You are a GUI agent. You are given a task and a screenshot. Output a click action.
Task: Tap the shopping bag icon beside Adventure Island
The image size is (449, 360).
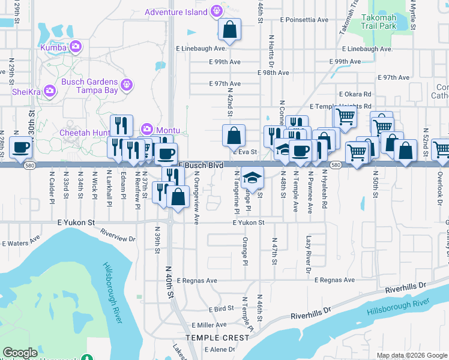point(230,28)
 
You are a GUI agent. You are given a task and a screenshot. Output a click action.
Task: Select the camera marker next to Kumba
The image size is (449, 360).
point(76,46)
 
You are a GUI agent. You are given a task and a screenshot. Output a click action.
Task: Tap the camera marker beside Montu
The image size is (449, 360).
point(146,129)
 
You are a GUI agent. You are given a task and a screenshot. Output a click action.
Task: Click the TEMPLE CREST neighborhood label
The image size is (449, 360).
point(217,338)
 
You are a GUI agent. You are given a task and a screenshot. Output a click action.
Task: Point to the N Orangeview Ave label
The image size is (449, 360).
point(197,198)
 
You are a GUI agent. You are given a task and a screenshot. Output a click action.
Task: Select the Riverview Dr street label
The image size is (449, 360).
point(118,235)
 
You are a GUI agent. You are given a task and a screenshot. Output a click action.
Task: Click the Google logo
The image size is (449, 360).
point(20,353)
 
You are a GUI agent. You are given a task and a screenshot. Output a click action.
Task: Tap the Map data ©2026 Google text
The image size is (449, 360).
point(412,355)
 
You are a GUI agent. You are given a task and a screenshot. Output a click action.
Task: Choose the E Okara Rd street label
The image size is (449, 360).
point(355,94)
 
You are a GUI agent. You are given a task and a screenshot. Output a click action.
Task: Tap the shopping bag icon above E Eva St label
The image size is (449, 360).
point(234,136)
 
